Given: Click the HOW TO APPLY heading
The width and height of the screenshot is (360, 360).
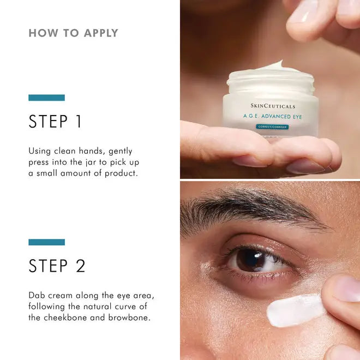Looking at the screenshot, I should pos(73,33).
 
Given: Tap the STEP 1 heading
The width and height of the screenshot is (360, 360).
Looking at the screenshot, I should pos(55,122).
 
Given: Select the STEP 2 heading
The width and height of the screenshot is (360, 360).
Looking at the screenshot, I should pos(57,266).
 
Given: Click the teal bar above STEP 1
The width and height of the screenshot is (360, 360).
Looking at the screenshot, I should pos(46,98).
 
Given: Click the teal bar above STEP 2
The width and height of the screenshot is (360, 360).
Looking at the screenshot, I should pos(46,242).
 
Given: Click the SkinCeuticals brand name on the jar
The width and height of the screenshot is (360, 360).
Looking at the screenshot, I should pos(272,106).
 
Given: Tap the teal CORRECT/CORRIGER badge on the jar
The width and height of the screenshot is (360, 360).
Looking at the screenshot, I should pos(272,127).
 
